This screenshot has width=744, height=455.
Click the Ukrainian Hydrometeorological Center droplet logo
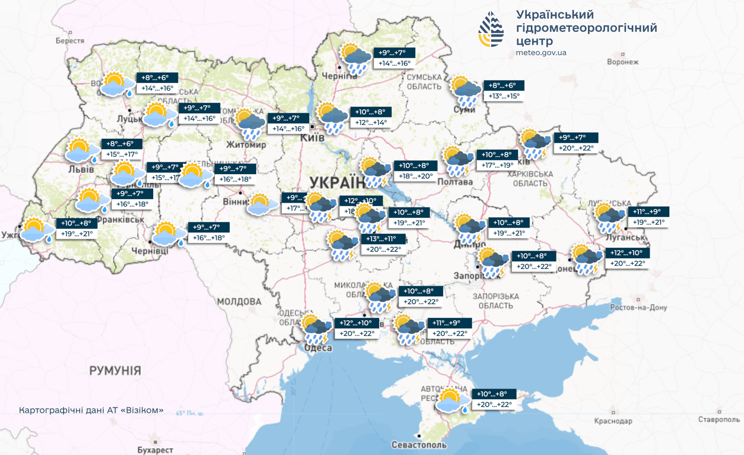[x=492, y=29]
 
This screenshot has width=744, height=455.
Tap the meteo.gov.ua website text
[x=541, y=53]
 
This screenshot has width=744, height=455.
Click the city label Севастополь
[x=419, y=444]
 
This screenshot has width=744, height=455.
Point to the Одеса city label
[x=318, y=348]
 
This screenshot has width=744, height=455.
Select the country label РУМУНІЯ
[x=115, y=371]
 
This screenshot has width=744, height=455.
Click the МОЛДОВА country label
[x=239, y=302]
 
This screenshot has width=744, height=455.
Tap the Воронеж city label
[x=622, y=62]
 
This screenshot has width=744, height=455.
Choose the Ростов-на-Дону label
[x=638, y=307]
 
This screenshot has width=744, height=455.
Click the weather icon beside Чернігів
[x=356, y=58]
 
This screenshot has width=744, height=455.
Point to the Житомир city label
[x=246, y=145]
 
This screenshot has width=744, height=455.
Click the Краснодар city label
[x=613, y=421]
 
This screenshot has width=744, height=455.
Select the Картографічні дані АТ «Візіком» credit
[x=91, y=411]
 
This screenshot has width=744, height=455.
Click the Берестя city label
[x=70, y=41]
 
